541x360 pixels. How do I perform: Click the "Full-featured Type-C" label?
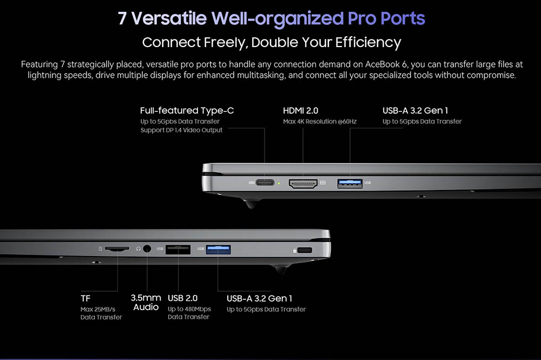click(187, 110)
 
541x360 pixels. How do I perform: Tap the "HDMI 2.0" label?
click(301, 110)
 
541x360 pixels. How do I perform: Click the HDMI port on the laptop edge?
click(303, 183)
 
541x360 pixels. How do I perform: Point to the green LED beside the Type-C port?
click(278, 183)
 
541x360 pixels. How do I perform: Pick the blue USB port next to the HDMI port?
click(349, 183)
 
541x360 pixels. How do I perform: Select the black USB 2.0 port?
click(177, 249)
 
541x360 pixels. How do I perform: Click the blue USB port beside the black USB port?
click(219, 249)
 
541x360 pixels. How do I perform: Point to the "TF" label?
click(85, 298)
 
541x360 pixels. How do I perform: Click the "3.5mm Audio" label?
click(146, 303)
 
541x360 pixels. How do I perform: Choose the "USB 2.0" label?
click(182, 298)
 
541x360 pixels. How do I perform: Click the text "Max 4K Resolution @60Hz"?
click(320, 121)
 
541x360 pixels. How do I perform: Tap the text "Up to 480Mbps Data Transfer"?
click(189, 313)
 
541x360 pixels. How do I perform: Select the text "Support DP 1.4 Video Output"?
click(181, 130)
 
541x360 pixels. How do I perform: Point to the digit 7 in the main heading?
click(122, 18)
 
